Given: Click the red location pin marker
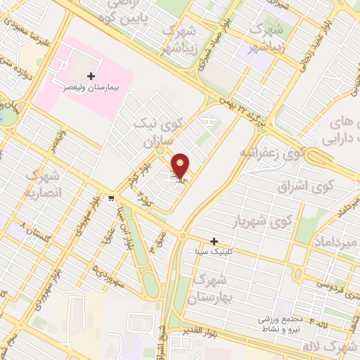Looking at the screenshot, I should point(181,165).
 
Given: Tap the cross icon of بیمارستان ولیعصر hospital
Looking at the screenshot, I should point(91,75).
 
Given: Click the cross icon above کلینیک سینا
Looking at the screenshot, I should point(214,241).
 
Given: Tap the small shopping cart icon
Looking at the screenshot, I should point(111,198).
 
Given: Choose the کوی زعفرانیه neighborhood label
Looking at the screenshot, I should point(271,152).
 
